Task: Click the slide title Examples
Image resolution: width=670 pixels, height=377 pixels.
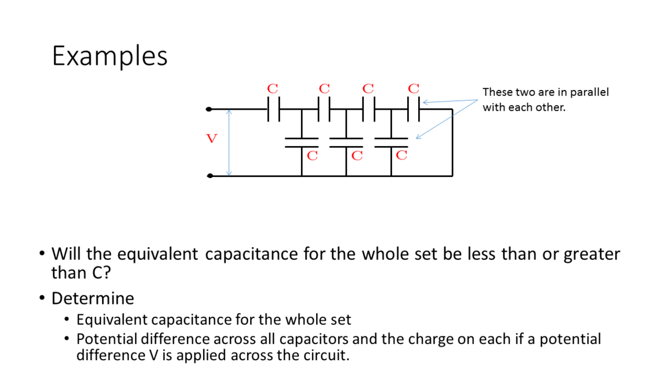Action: (x=110, y=56)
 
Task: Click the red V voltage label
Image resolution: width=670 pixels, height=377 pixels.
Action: (x=212, y=139)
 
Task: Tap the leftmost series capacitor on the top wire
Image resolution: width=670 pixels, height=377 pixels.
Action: (x=274, y=108)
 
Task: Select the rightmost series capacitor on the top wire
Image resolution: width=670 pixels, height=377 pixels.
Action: (x=413, y=108)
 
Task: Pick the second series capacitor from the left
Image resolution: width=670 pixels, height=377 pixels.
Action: (x=324, y=108)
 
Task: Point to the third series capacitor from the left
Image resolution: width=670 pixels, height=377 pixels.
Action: (x=369, y=108)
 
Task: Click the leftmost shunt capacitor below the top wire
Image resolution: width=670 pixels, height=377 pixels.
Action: (x=302, y=143)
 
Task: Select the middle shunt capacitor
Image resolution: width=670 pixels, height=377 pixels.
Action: (x=346, y=143)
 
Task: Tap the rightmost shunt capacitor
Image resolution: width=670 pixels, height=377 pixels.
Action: (x=391, y=143)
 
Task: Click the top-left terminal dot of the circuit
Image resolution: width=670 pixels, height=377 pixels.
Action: (x=209, y=108)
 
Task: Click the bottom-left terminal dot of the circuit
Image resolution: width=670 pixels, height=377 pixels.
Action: (x=209, y=175)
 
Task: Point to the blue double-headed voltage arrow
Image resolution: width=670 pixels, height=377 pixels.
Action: (x=229, y=142)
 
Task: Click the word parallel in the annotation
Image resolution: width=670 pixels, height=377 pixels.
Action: (x=590, y=93)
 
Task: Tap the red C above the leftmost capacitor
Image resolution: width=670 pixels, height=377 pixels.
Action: (x=272, y=89)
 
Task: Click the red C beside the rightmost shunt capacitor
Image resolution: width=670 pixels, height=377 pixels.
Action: (x=401, y=155)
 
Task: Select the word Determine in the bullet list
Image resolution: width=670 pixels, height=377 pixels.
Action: (x=93, y=298)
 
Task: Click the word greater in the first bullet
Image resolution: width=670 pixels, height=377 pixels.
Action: (x=592, y=254)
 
